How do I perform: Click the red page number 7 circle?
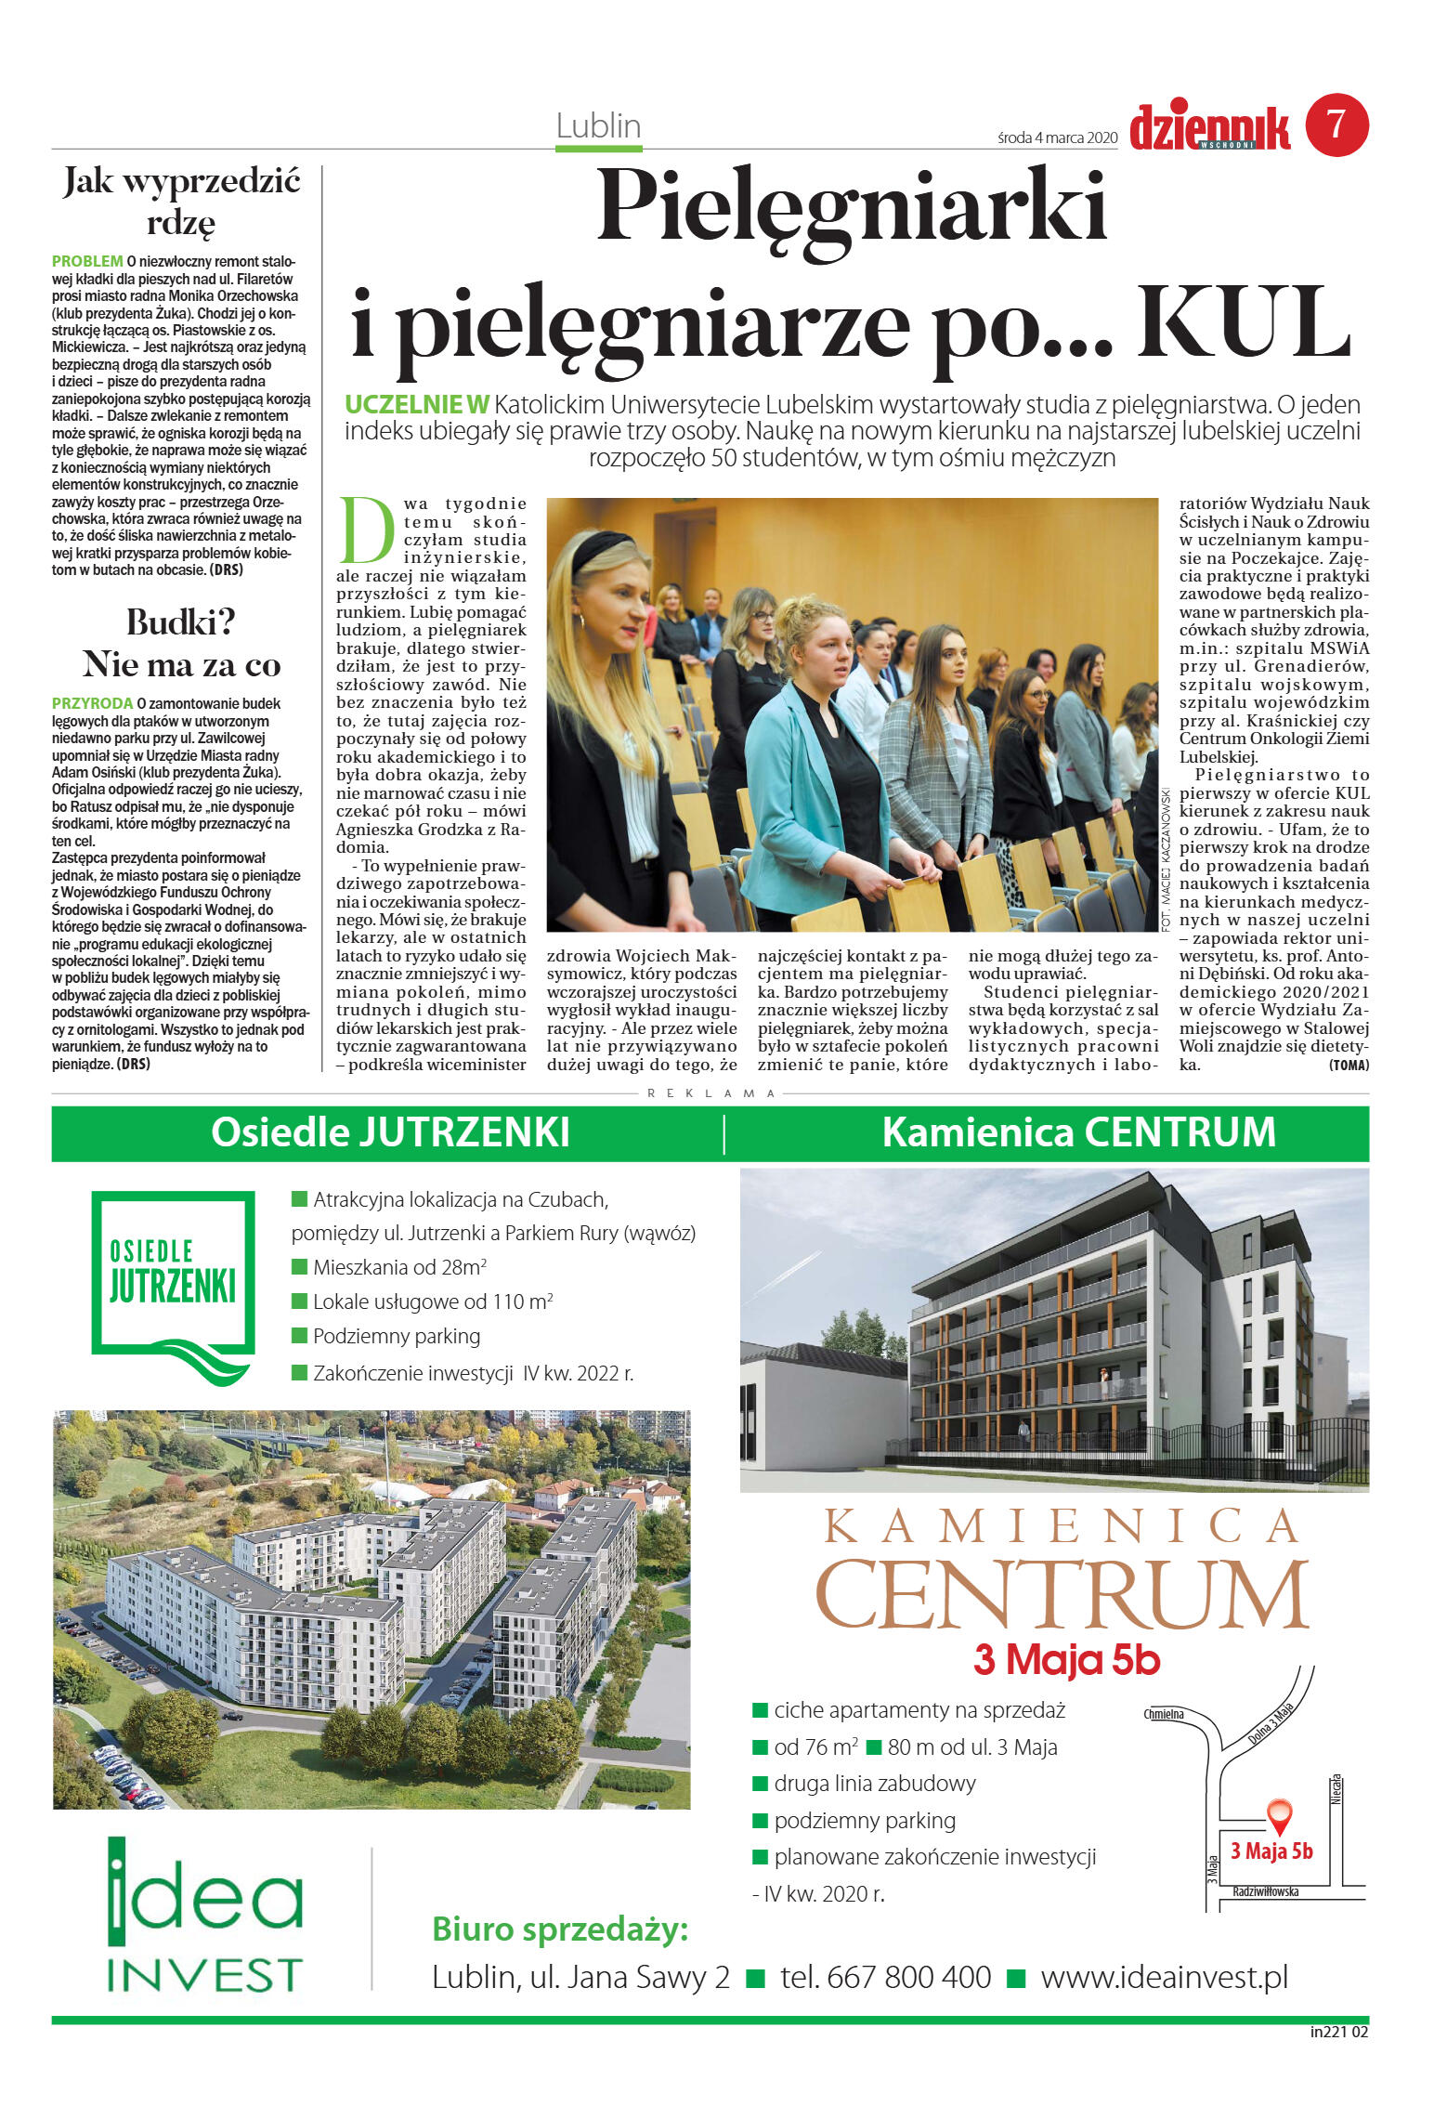pos(1336,124)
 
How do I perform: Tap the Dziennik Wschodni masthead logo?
pos(1209,128)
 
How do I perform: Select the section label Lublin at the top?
pos(598,125)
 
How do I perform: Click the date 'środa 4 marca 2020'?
pos(1057,137)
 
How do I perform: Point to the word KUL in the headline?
pos(1244,324)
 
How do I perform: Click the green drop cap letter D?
pos(367,530)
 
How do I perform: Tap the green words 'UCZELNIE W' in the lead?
pos(416,405)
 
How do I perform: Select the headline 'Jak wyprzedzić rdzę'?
pos(182,201)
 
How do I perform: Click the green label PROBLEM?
pos(87,262)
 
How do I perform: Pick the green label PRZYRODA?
pos(93,704)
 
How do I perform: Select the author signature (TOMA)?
pos(1349,1066)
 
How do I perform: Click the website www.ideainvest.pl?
pos(1164,1976)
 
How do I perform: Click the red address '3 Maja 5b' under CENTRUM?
pos(1066,1660)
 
